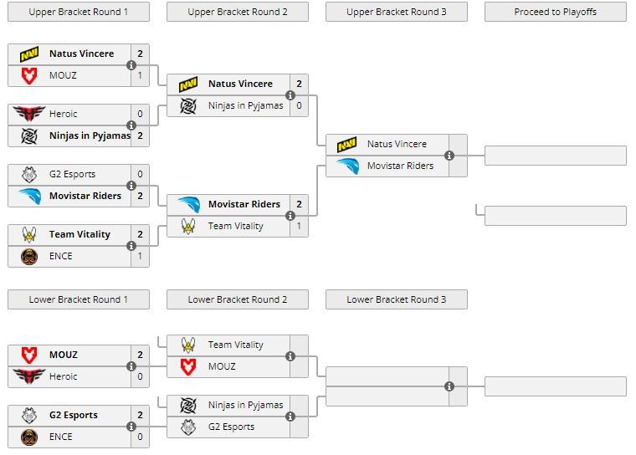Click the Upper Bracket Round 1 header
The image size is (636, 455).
click(x=79, y=12)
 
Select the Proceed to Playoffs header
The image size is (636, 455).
click(x=556, y=12)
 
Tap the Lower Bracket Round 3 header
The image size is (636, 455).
click(x=397, y=299)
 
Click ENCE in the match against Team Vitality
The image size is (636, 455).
click(x=61, y=256)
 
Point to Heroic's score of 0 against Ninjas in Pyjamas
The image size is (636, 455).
click(x=140, y=114)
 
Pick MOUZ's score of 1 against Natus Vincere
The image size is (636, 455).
click(x=140, y=75)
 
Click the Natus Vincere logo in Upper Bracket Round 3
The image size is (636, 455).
click(x=347, y=145)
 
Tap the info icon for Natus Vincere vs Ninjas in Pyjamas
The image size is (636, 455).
click(x=290, y=95)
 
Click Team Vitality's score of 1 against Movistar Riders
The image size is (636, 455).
click(x=299, y=226)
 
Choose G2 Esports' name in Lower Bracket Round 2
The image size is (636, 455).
click(x=231, y=427)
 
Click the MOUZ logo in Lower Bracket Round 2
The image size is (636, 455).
click(x=189, y=366)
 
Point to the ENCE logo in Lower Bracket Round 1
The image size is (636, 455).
click(x=29, y=437)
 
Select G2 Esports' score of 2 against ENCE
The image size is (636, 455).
click(x=140, y=415)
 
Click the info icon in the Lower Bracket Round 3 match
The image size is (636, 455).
click(x=449, y=386)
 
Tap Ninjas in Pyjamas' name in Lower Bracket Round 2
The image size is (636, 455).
click(x=245, y=405)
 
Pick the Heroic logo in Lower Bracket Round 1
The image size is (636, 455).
click(x=29, y=376)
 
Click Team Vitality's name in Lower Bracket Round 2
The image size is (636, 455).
click(x=235, y=345)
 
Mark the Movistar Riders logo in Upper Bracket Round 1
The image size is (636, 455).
click(x=29, y=196)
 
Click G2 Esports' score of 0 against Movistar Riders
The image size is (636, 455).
click(x=140, y=174)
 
